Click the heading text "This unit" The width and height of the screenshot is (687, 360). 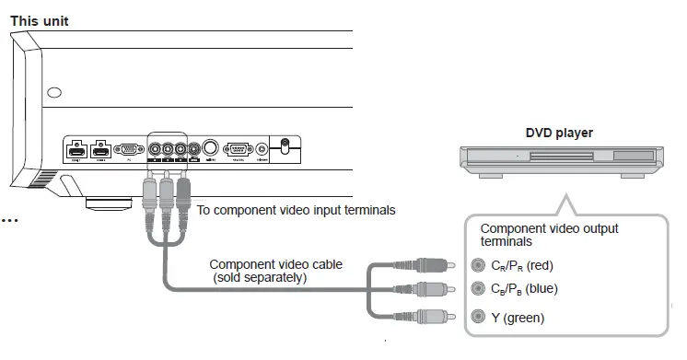39,20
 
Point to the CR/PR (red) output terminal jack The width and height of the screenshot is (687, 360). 476,265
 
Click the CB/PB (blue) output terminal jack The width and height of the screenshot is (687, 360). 476,289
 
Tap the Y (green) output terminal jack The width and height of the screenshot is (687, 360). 476,318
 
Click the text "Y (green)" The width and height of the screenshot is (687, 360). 517,319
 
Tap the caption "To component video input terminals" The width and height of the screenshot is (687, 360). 296,210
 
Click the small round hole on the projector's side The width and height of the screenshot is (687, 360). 54,93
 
